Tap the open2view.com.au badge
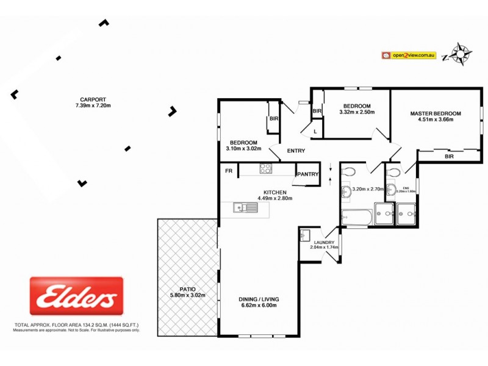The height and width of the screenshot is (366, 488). tap(409, 55)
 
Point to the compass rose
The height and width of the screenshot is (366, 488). tap(462, 54)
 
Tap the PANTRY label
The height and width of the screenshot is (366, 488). tap(308, 174)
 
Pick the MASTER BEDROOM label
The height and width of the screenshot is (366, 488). tap(435, 113)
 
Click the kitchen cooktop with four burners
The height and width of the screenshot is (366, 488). tap(266, 169)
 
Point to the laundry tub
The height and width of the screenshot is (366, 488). tap(306, 235)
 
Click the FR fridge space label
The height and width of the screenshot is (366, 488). tap(229, 171)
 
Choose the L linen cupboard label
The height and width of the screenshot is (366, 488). tap(315, 131)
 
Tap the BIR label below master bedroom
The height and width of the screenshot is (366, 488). tap(449, 157)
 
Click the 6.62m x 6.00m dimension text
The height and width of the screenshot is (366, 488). tap(259, 306)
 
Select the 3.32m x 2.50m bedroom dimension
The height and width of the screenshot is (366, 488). tap(354, 112)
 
